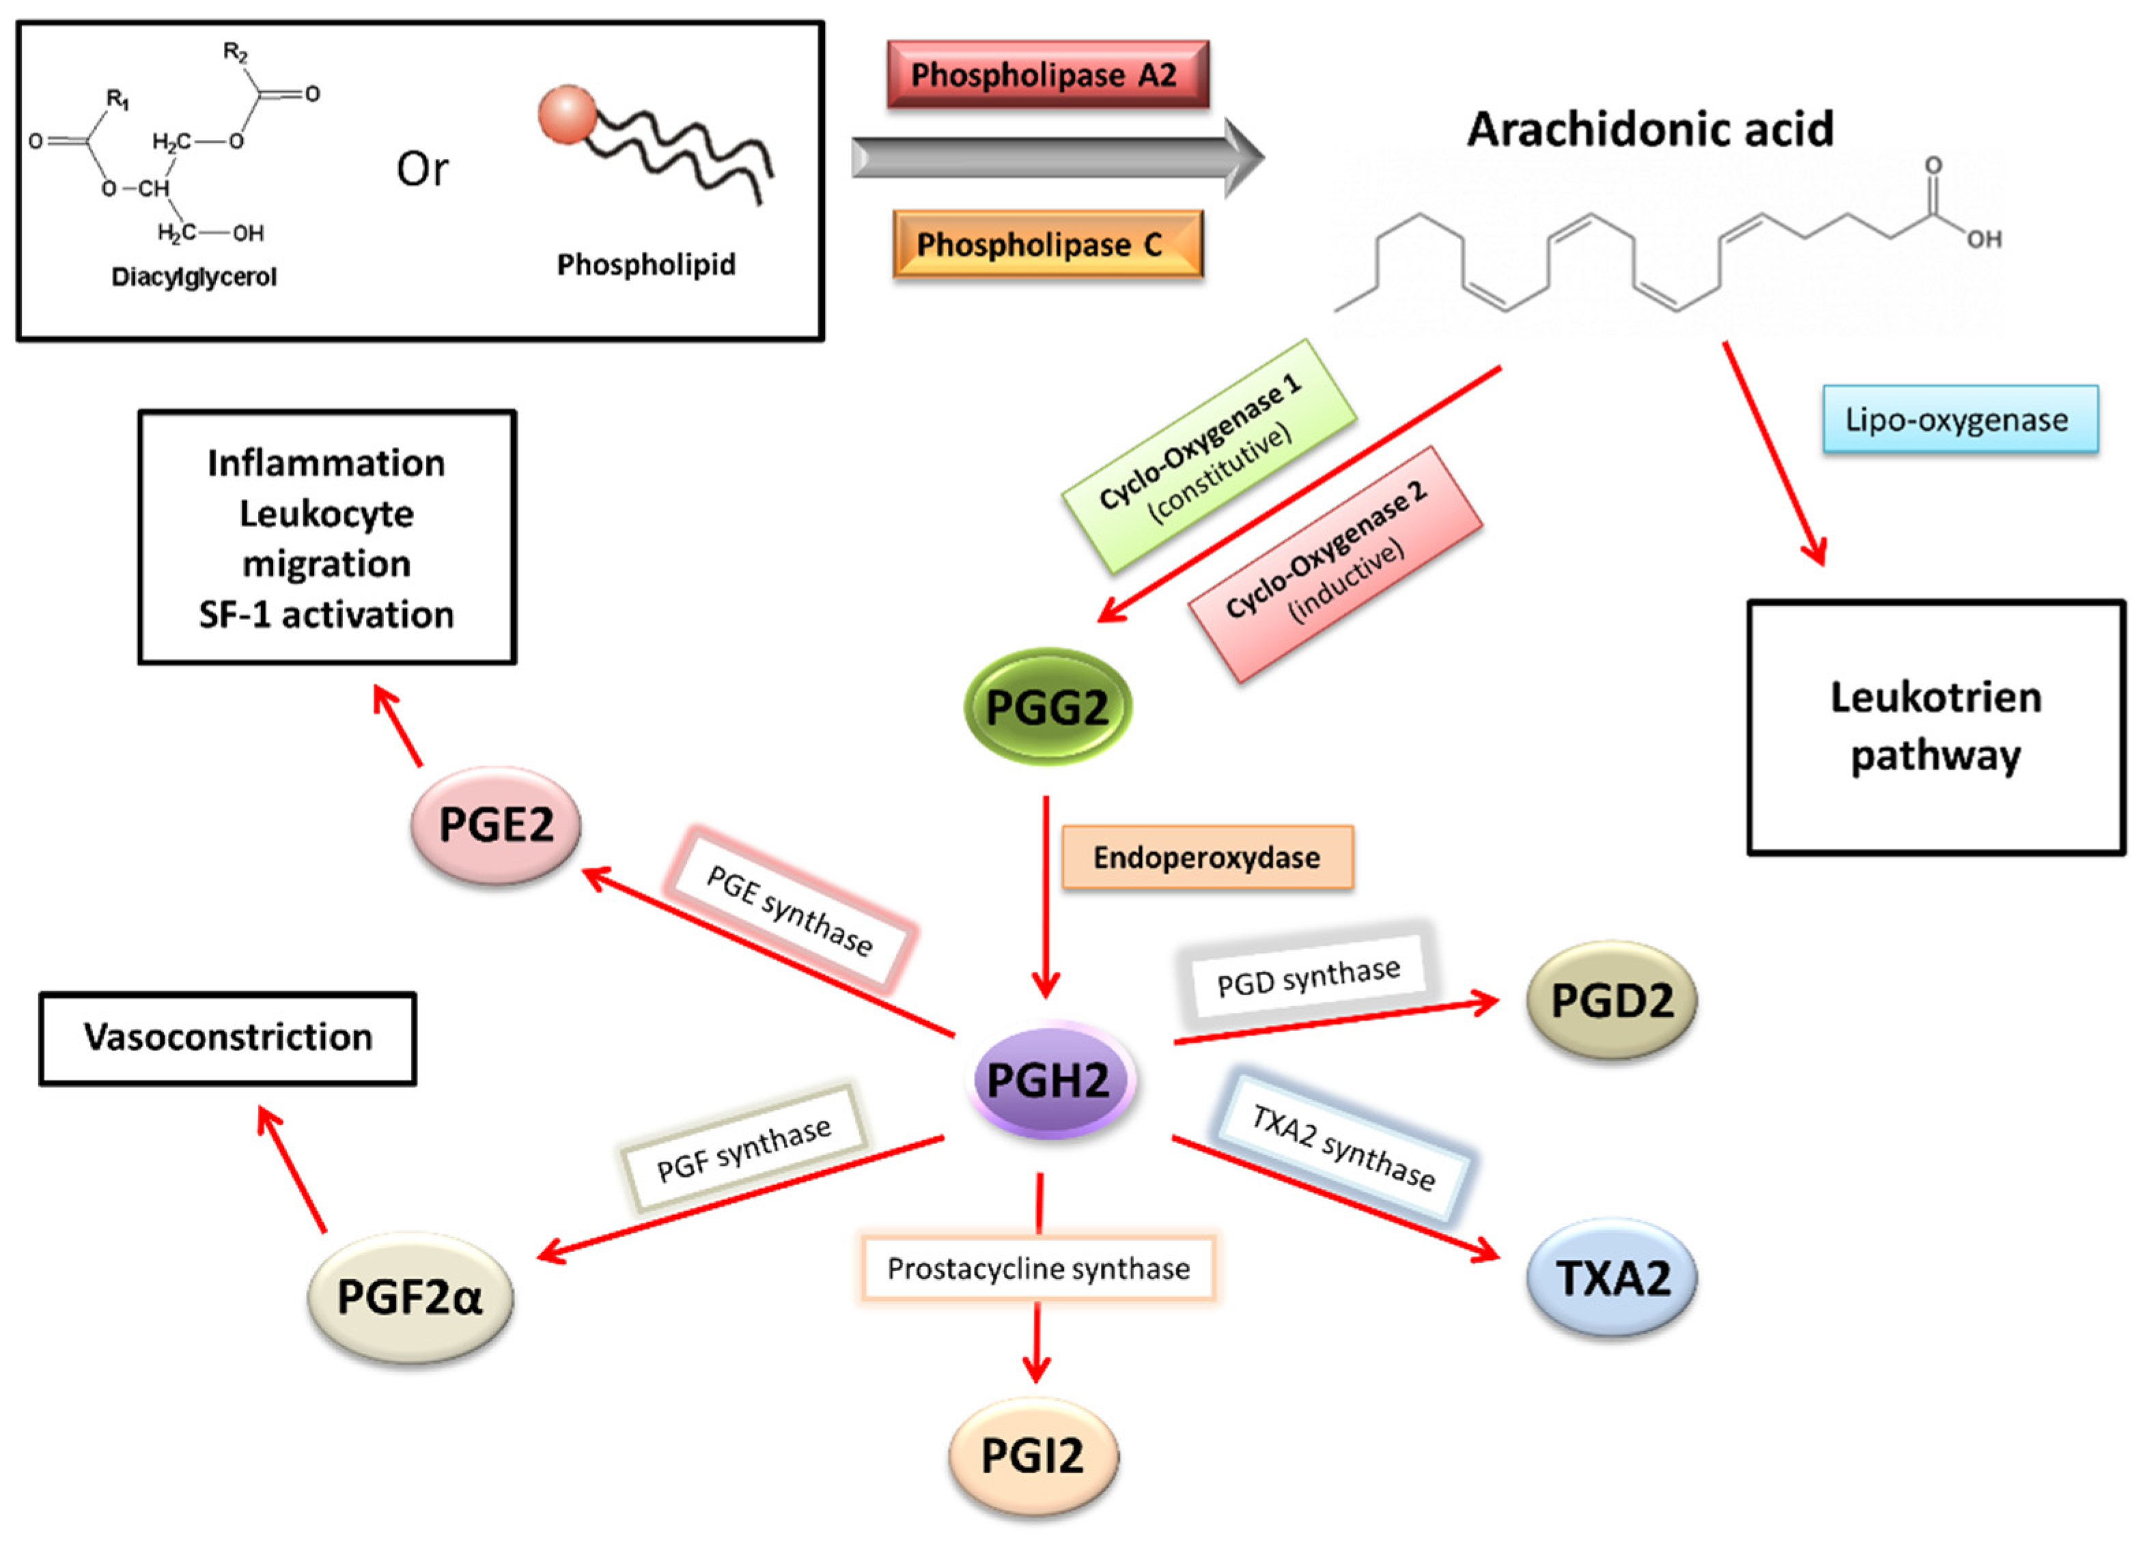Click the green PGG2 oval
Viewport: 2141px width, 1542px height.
coord(1047,706)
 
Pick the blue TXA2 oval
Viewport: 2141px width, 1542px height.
coord(1612,1279)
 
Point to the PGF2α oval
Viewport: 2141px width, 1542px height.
coord(410,1297)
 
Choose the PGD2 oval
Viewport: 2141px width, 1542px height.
coord(1612,1000)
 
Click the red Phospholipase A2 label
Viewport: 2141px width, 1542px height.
coord(1047,74)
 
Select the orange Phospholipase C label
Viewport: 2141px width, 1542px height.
coord(1047,244)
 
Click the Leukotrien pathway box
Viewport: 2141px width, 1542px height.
coord(1935,727)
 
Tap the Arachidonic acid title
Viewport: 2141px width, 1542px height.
coord(1649,129)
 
